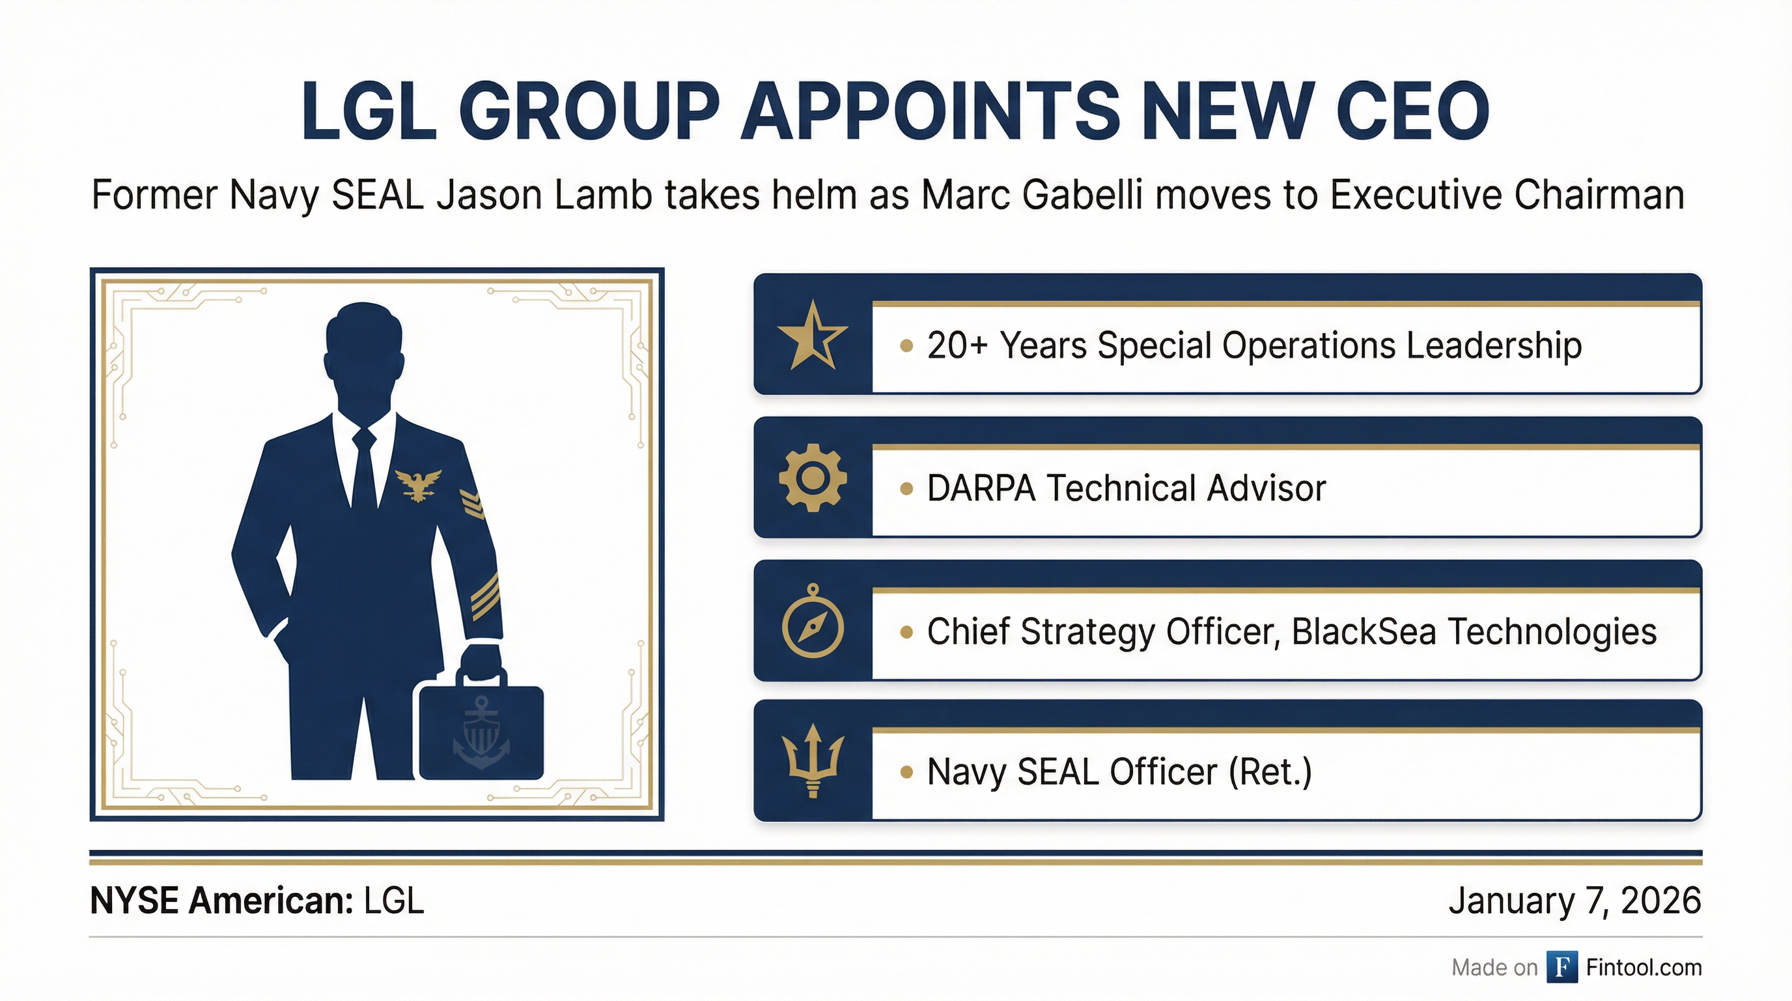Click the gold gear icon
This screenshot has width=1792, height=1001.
tap(813, 478)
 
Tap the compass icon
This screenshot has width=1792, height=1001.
tap(813, 622)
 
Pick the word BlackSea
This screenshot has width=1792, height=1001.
tap(1364, 631)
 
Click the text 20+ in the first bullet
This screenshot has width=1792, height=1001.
tap(958, 345)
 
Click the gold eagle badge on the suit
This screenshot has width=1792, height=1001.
tap(418, 484)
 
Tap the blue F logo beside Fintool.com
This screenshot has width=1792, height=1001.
tap(1561, 967)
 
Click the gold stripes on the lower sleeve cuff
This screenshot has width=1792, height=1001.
tap(486, 596)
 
